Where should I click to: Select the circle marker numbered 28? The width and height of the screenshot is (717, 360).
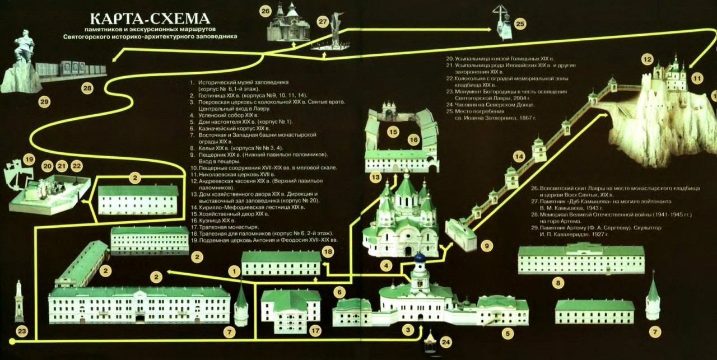(87, 88)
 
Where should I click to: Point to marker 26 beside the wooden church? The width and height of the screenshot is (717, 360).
(266, 11)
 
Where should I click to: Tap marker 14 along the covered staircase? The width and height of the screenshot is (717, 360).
(519, 156)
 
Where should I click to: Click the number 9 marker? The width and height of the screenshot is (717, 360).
(487, 245)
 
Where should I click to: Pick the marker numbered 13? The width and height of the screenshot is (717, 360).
(375, 177)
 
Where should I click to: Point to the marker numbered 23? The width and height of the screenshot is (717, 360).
(21, 331)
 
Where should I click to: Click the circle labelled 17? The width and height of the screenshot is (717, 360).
(315, 331)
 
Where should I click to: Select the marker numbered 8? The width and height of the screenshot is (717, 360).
(558, 283)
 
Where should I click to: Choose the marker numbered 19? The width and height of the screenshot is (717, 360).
(29, 158)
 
